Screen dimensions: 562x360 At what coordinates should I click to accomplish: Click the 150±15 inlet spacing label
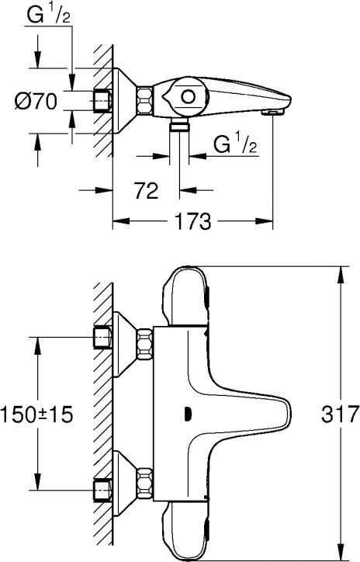tap(37, 415)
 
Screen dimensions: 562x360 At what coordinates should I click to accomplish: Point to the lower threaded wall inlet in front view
tap(102, 490)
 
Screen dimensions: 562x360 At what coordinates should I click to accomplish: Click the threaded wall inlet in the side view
tap(102, 101)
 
